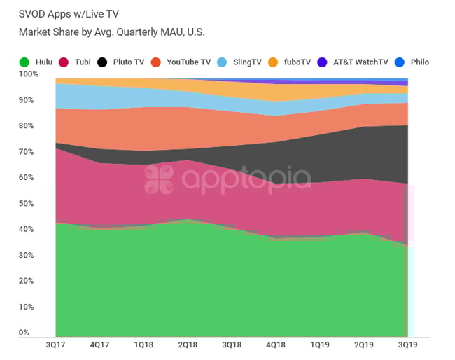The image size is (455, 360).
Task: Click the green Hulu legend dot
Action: click(23, 62)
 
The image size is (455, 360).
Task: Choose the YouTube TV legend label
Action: click(188, 62)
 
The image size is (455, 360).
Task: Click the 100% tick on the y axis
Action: click(29, 74)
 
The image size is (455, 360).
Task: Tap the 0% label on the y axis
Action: click(24, 333)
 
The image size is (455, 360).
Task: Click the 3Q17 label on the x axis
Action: click(55, 345)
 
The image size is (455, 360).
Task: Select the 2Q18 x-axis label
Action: click(188, 345)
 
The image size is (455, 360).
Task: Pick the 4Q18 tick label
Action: click(276, 345)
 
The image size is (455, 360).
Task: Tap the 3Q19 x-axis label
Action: click(407, 345)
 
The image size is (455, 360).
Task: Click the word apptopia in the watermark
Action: click(246, 179)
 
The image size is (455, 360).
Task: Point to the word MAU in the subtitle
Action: click(168, 32)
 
